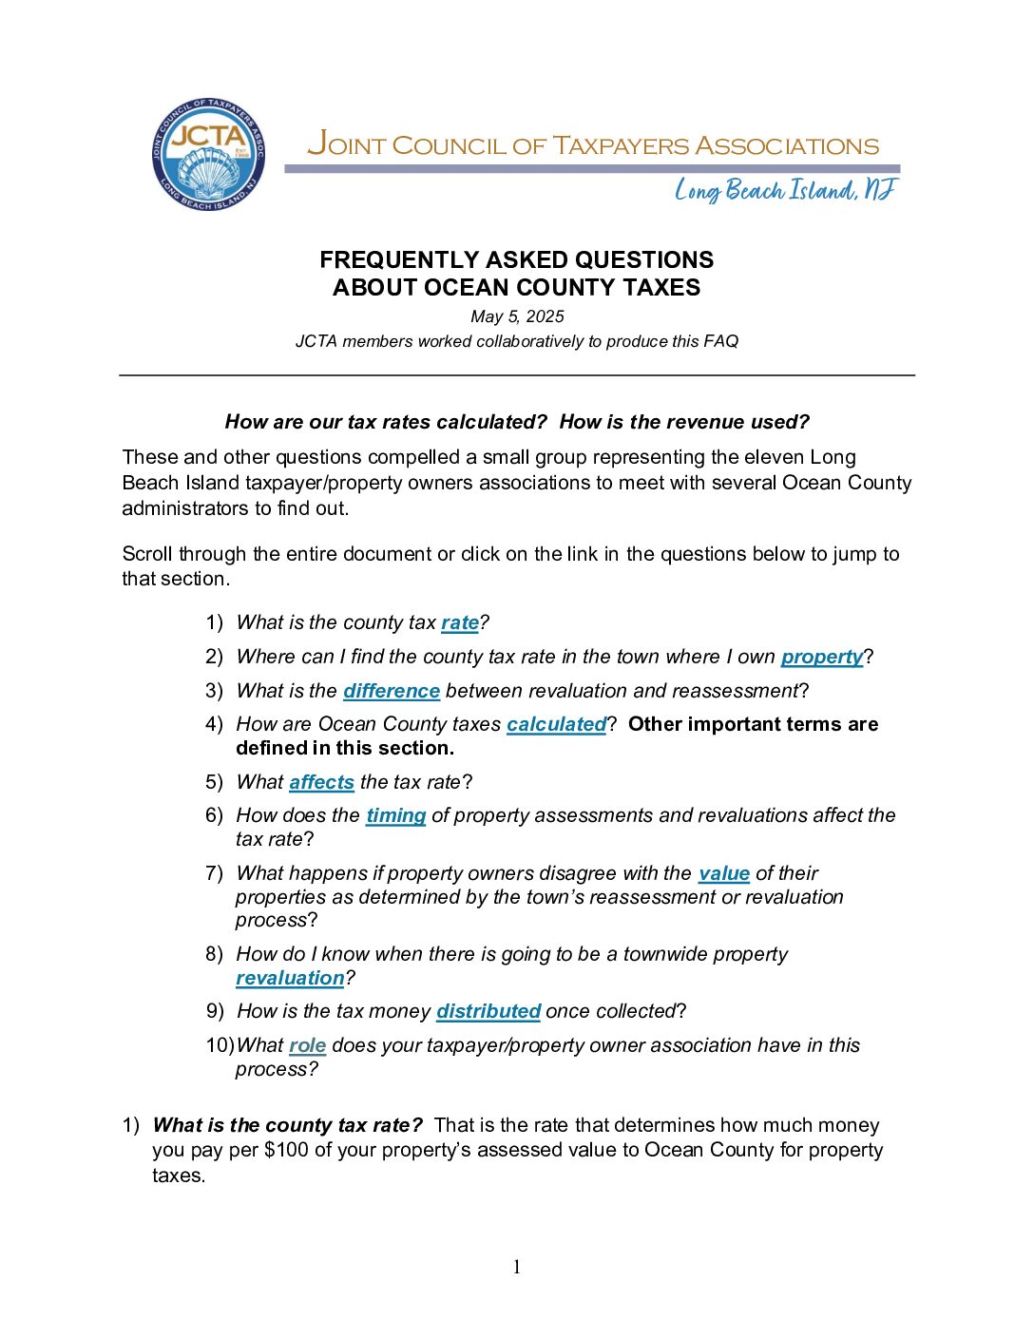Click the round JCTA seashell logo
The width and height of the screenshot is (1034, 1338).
[208, 154]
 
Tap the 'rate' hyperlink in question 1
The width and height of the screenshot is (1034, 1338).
[460, 622]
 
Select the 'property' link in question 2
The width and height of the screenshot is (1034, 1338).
[822, 657]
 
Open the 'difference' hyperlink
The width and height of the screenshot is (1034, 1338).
[392, 691]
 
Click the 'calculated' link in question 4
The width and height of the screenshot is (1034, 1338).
[556, 724]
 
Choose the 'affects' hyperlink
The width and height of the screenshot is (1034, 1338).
[321, 782]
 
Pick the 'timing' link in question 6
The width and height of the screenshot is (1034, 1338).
[395, 815]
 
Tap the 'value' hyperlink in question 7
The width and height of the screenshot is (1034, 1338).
[724, 873]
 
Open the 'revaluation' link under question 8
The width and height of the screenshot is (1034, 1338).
[290, 978]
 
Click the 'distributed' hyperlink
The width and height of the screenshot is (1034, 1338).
[488, 1011]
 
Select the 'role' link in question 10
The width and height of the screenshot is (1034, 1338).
[307, 1045]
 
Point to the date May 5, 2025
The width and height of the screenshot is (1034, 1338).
[517, 316]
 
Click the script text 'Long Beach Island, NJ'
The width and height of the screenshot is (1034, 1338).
[785, 191]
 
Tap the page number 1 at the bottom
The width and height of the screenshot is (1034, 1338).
[517, 1267]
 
